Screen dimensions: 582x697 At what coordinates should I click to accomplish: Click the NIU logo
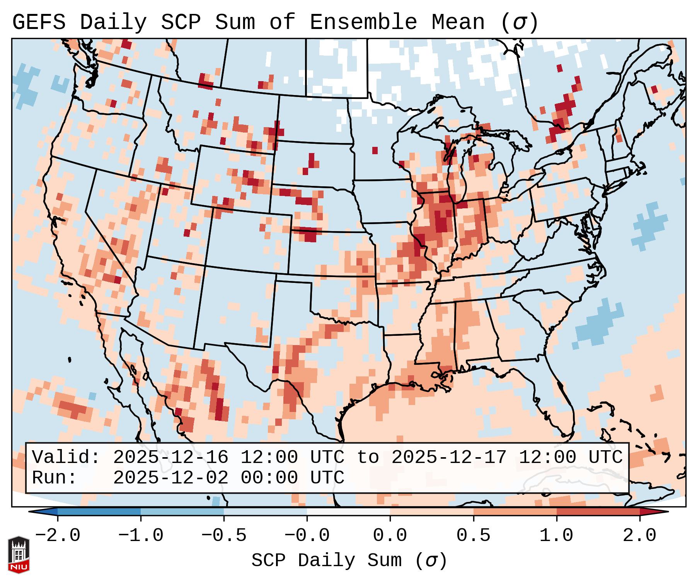pyautogui.click(x=19, y=555)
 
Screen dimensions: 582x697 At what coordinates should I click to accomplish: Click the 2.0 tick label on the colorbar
pyautogui.click(x=639, y=536)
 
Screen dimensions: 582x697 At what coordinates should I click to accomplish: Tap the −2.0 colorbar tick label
pyautogui.click(x=58, y=536)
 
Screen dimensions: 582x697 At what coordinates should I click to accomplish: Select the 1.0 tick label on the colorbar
pyautogui.click(x=556, y=536)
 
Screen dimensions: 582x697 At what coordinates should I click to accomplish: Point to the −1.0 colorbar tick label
pyautogui.click(x=141, y=536)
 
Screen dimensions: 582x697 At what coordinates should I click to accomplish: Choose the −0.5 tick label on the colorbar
pyautogui.click(x=224, y=536)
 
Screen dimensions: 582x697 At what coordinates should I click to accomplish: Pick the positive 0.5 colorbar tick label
pyautogui.click(x=473, y=536)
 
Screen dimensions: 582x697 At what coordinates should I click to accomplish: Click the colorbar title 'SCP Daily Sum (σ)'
pyautogui.click(x=349, y=561)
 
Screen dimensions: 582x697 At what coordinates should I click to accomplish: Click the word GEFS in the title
pyautogui.click(x=39, y=22)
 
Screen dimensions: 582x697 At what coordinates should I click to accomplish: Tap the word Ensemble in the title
pyautogui.click(x=363, y=22)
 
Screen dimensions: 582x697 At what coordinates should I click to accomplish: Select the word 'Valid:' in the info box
pyautogui.click(x=66, y=457)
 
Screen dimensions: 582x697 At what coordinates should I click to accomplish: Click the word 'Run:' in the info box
pyautogui.click(x=55, y=478)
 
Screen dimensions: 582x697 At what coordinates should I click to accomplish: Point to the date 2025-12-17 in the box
pyautogui.click(x=448, y=457)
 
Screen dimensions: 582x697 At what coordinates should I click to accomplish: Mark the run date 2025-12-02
pyautogui.click(x=170, y=478)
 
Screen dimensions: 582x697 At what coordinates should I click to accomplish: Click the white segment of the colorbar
pyautogui.click(x=348, y=512)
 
